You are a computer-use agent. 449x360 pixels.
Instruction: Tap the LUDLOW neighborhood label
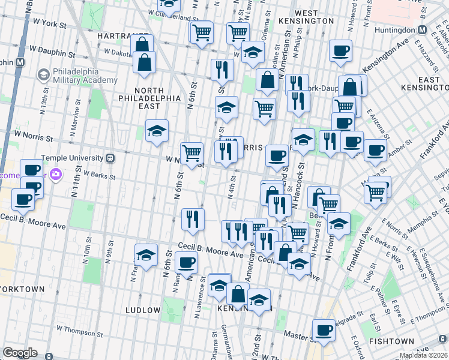[x=142, y=310]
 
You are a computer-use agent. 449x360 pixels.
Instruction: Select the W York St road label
[x=49, y=22]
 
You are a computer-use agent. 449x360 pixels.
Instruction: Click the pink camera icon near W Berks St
[x=56, y=175]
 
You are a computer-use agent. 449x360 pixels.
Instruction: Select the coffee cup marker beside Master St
[x=324, y=330]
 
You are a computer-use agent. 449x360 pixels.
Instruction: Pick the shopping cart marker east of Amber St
[x=375, y=192]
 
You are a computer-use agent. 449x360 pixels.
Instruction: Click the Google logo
[x=20, y=353]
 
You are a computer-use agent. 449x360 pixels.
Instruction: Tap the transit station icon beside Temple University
[x=110, y=158]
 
